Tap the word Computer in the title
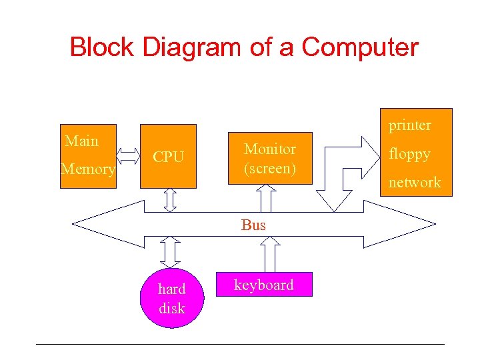360,47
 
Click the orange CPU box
168,156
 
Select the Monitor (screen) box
270,158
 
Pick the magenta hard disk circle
171,298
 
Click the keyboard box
263,285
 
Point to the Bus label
253,225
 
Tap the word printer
410,125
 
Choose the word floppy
409,154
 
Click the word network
415,182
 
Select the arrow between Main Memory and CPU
129,156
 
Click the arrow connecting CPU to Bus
170,200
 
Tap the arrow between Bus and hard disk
171,251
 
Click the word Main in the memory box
81,141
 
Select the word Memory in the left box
88,169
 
